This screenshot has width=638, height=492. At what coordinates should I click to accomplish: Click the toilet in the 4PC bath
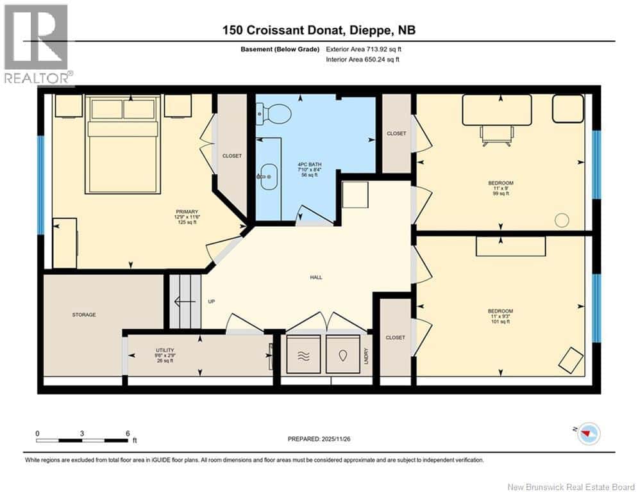tap(274, 114)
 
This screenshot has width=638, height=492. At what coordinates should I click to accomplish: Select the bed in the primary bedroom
tap(122, 144)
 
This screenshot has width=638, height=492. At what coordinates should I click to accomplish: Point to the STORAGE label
tap(83, 315)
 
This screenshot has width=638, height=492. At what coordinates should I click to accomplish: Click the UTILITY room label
tap(164, 350)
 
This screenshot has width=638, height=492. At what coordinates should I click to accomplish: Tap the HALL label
tap(315, 277)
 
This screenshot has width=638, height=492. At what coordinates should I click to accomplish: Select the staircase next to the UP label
tap(186, 302)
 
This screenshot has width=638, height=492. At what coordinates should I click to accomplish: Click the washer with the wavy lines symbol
tap(303, 354)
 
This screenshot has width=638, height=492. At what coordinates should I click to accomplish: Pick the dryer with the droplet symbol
tap(343, 354)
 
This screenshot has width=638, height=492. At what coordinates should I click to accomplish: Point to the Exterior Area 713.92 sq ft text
tap(364, 49)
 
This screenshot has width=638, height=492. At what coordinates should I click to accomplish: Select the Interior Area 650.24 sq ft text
tap(363, 60)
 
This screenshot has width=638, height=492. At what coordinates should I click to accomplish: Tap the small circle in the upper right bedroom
tap(562, 220)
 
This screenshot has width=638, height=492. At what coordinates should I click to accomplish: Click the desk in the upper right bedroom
tap(497, 110)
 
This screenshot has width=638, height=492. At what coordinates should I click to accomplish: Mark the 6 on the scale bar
tap(127, 433)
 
